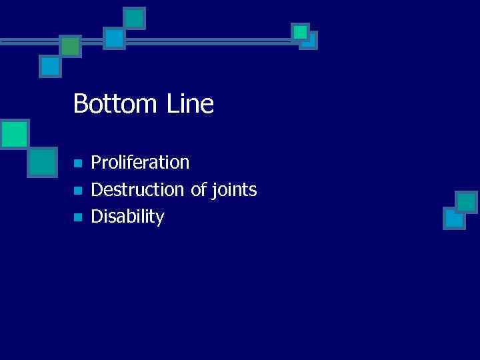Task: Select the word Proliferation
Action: click(140, 162)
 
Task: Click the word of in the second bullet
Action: click(199, 190)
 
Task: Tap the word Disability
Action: click(127, 217)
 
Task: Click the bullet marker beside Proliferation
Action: click(77, 163)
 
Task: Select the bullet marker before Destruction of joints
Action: click(77, 191)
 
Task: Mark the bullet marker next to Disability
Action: click(77, 217)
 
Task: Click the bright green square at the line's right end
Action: click(300, 31)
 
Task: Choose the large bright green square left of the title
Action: click(14, 133)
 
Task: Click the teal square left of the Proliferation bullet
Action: click(43, 161)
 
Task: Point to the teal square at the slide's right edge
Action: click(466, 201)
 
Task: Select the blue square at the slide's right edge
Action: click(454, 218)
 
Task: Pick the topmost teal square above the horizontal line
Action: click(135, 17)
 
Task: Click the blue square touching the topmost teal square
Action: click(115, 38)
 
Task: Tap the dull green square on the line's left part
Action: click(70, 45)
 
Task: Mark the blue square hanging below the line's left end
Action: click(50, 66)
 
